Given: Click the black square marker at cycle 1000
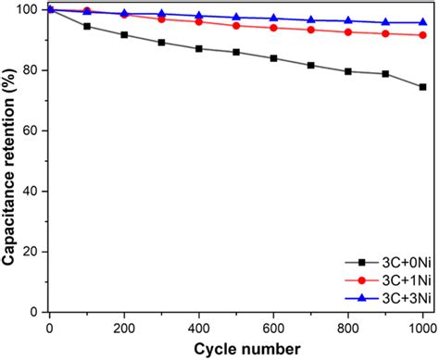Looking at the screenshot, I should (422, 87).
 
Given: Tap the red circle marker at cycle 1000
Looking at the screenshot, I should (422, 35).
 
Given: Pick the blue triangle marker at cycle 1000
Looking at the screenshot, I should (422, 22).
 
